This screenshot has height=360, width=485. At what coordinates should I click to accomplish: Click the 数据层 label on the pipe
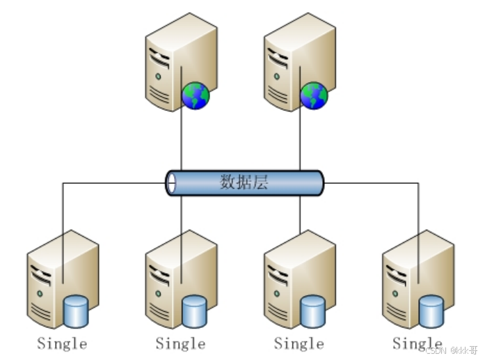coord(244,183)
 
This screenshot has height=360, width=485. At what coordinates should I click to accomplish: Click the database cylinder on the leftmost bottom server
coord(75,311)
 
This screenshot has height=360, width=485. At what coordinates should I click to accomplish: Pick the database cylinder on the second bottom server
coord(194,311)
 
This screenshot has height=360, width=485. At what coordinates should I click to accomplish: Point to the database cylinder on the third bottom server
coord(313,311)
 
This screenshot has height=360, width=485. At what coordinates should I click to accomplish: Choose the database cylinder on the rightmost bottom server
coord(431,311)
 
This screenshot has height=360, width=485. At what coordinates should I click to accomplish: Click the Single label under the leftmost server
coord(62,343)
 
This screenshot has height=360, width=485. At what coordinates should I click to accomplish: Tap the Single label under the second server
coord(180,343)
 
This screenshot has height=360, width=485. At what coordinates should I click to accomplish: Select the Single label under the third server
coord(299,343)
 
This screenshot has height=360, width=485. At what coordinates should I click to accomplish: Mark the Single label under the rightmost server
coord(417,343)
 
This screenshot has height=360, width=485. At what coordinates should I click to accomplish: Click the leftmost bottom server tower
coord(52,279)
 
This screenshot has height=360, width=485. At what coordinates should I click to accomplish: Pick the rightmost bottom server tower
coord(407,279)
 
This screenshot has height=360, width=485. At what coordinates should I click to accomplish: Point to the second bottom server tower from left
coord(170,279)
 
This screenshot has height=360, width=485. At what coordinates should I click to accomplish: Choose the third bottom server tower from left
coord(289,279)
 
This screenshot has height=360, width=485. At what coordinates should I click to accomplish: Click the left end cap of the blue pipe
coord(171,183)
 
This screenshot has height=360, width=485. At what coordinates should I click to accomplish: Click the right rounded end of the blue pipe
coord(319,183)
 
